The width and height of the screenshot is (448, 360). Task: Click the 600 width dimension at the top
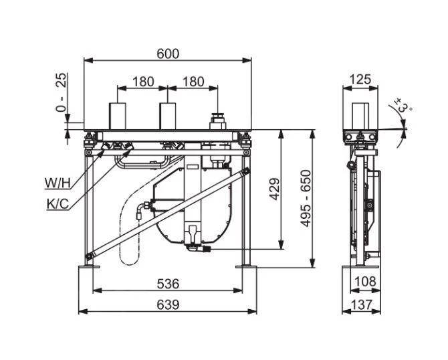pos(167,54)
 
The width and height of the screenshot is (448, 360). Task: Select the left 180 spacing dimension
pos(142,82)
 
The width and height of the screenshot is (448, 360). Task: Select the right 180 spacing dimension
pos(193,82)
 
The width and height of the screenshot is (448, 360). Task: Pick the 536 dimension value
pos(167,283)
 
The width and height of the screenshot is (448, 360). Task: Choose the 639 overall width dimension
pos(167,304)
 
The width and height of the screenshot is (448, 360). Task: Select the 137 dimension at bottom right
pos(361,304)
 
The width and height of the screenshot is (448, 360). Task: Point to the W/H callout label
pos(58,183)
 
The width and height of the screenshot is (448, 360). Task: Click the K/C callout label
pos(58,204)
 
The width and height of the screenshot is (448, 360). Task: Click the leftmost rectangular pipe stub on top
pos(118,115)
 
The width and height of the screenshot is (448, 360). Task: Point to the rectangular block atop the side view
pos(361,116)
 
